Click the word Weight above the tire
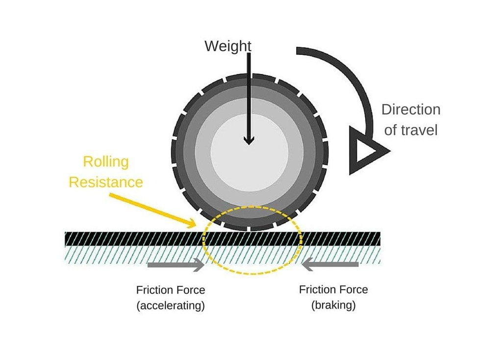(x=227, y=46)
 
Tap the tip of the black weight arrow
(x=249, y=143)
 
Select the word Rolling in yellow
(x=106, y=162)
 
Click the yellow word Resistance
(x=106, y=182)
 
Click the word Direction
(x=411, y=109)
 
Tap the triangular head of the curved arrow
(x=365, y=150)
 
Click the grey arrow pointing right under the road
(x=176, y=266)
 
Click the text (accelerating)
(x=170, y=306)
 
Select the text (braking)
(x=333, y=305)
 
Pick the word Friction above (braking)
(x=317, y=289)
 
